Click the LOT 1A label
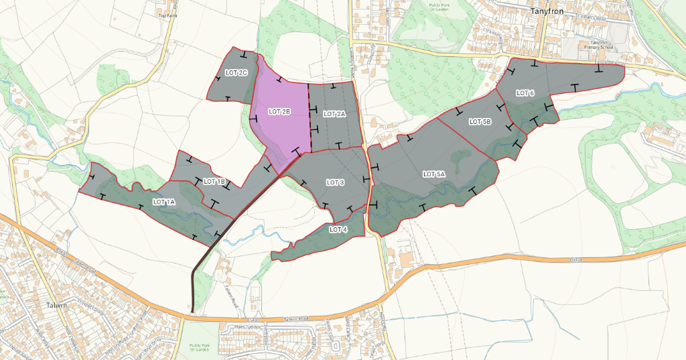point(163,202)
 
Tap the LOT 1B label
point(214,182)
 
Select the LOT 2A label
point(334,114)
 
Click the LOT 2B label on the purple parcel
point(279,111)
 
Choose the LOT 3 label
point(335,182)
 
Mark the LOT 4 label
point(338,229)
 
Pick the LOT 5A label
point(434,174)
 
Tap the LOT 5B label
point(480,122)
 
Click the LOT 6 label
point(525,93)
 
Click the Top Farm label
point(165,13)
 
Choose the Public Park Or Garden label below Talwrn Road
point(200,348)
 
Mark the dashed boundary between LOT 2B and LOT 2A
point(310,117)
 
